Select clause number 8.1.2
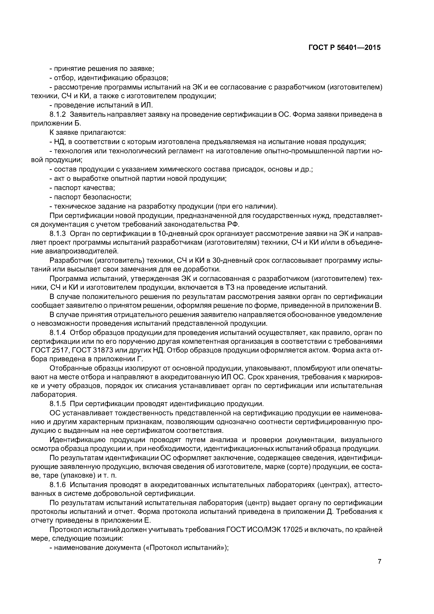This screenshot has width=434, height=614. [x=58, y=114]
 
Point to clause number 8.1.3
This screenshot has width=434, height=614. [x=58, y=233]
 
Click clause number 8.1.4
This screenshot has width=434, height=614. [x=58, y=333]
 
